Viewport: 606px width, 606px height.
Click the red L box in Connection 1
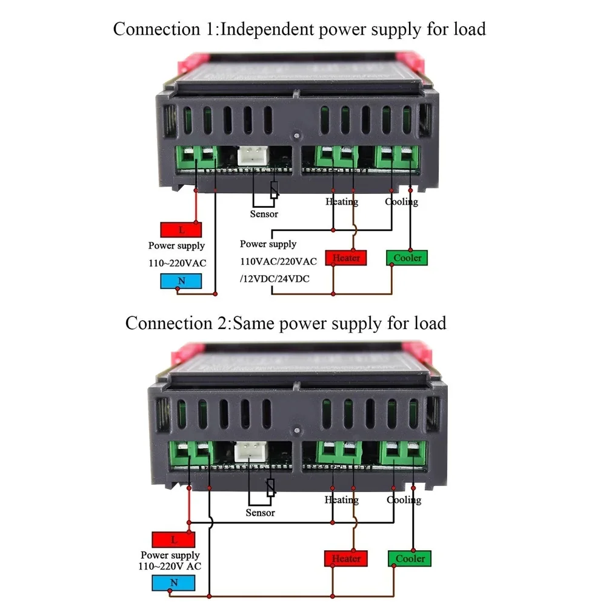coord(181,230)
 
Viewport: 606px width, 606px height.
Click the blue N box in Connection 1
coord(181,281)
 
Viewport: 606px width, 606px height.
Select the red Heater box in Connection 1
coord(346,258)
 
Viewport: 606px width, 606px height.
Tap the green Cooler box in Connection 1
coord(407,258)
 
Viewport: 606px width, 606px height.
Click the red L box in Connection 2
coord(173,539)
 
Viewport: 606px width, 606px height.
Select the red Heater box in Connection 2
coord(346,558)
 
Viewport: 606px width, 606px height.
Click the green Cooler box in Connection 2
coord(410,558)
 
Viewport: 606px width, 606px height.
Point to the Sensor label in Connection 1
coord(264,214)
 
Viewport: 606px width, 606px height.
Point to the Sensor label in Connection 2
coord(260,513)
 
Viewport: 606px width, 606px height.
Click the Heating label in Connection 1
coord(342,202)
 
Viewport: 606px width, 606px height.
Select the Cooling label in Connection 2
coord(404,500)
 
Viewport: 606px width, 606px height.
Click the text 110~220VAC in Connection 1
coord(178,263)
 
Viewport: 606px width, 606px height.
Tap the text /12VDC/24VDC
coord(274,278)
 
